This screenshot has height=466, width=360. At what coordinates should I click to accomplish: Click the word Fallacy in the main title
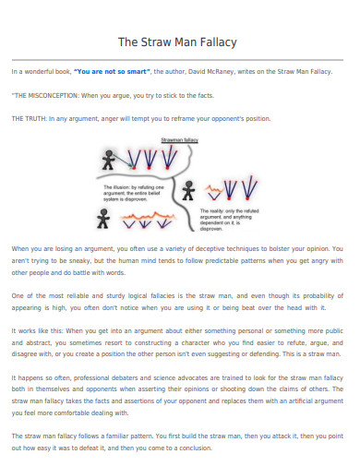coord(213,42)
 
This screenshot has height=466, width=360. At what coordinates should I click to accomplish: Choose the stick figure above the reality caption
coord(189,190)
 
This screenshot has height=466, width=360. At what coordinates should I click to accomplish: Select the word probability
coord(317,293)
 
